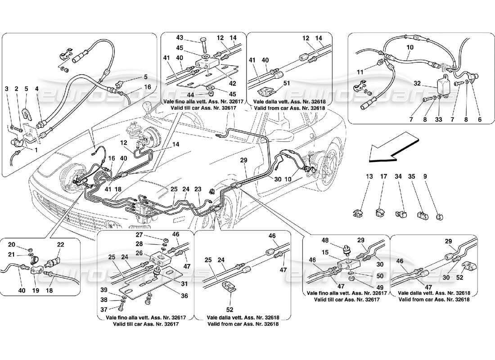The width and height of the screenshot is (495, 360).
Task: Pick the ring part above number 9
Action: tap(439, 217)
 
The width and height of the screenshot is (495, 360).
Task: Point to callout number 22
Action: tap(61, 244)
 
